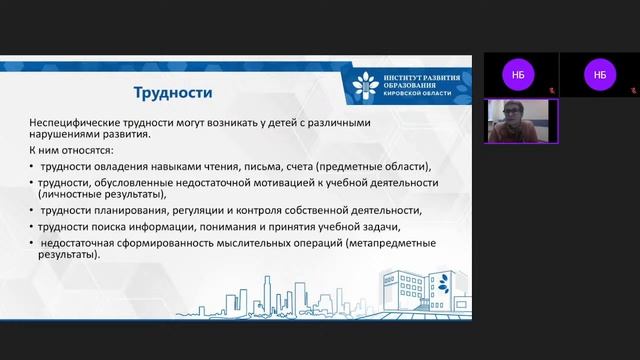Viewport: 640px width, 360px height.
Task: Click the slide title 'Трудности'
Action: (x=173, y=93)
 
